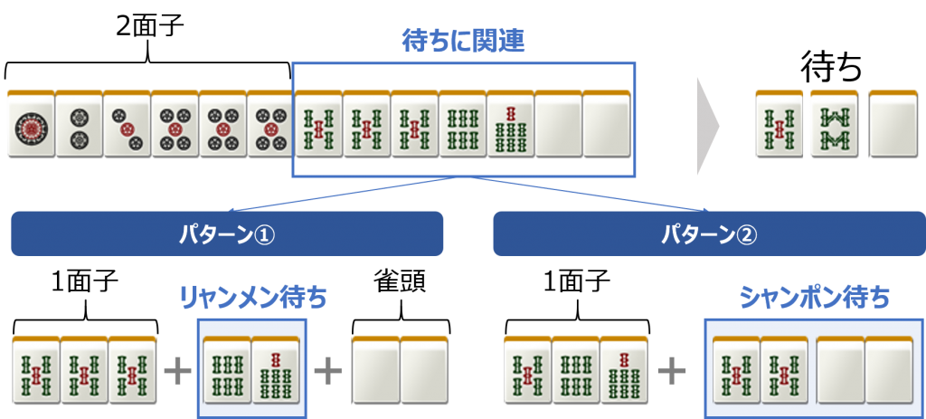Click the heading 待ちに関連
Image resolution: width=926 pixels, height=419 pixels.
pos(463,41)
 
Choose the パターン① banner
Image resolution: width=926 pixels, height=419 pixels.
pos(227,234)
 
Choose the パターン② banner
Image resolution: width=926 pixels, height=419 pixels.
pos(709,234)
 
